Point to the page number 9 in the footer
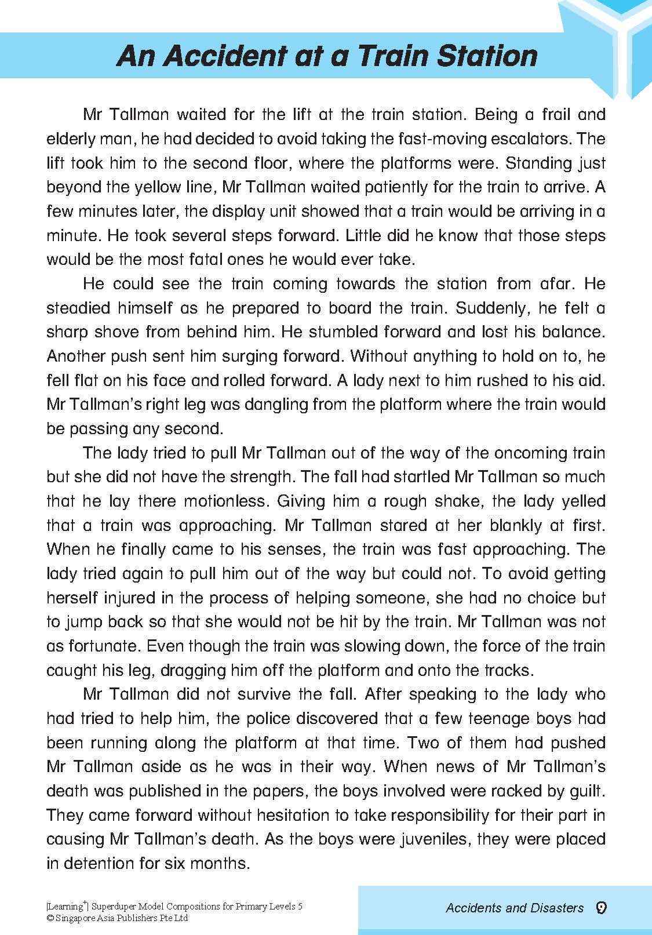(x=601, y=908)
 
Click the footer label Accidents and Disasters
(x=515, y=908)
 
